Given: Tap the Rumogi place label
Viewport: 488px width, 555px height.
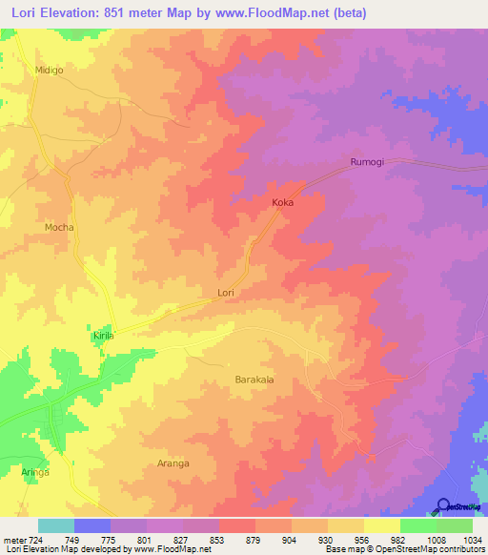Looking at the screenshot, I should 367,162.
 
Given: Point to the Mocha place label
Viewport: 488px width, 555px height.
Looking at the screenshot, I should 59,228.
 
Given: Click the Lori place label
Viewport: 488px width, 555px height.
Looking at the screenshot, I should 226,293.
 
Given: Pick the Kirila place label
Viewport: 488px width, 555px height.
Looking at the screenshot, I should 103,338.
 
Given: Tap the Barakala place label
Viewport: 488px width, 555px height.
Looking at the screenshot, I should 254,380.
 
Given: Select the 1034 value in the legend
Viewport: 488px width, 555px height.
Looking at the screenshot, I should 472,539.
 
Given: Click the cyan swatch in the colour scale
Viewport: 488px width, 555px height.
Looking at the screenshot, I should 56,525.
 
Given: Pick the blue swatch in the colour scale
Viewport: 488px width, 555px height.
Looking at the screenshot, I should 92,525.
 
